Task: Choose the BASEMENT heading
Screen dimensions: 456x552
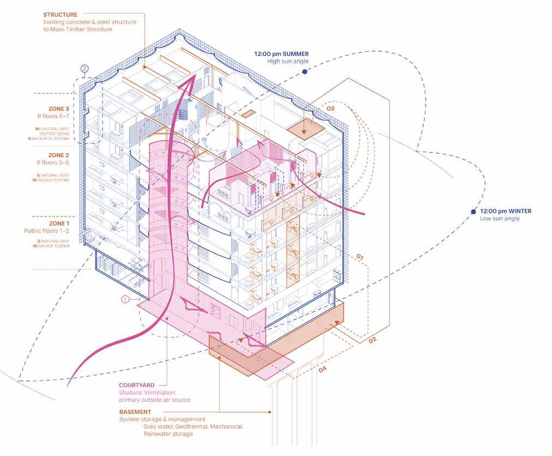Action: [135, 412]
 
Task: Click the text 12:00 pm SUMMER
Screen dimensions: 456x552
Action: [281, 54]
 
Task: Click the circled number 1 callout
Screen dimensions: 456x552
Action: [125, 299]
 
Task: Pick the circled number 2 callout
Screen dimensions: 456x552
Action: [85, 69]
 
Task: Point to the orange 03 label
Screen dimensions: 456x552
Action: [331, 109]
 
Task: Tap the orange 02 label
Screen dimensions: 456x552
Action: [372, 341]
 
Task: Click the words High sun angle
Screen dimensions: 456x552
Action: [288, 61]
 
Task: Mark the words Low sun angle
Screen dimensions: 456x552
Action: [500, 219]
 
